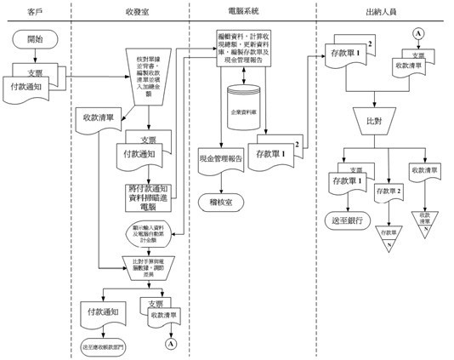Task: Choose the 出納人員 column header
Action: [x=381, y=11]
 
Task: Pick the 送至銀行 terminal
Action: [x=347, y=220]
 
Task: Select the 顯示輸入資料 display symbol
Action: [x=153, y=232]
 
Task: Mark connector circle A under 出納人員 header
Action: [x=418, y=33]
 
